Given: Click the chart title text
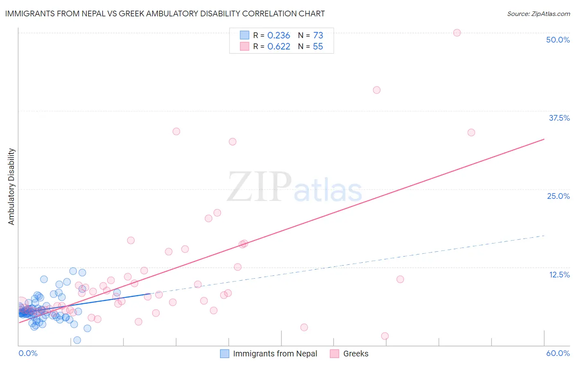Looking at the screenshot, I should point(165,14).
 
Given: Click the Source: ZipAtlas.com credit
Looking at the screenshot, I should point(538,14).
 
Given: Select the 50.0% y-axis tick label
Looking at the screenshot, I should point(558,40).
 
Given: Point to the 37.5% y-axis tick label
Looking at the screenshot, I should point(559,118).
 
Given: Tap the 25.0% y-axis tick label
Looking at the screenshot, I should point(558,196).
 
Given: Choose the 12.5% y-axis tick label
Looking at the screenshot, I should point(559,275).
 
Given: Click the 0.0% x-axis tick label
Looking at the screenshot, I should point(28,353).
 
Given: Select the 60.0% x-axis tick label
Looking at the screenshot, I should point(558,353).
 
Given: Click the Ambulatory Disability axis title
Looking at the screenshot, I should point(11,186).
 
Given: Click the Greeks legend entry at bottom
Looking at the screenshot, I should point(355,354).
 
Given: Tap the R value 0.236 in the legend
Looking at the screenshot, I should point(279,36).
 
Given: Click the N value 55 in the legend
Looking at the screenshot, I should point(318,47).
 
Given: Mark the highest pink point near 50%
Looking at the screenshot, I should point(457,33).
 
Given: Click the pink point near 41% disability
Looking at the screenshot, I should point(377,90).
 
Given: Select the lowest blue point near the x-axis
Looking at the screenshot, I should point(77,340).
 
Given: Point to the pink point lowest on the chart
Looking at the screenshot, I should point(385,336).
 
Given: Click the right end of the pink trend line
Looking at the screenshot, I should point(544,139).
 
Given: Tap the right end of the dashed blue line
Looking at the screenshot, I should point(544,236).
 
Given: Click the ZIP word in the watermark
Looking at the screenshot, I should point(259,187).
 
